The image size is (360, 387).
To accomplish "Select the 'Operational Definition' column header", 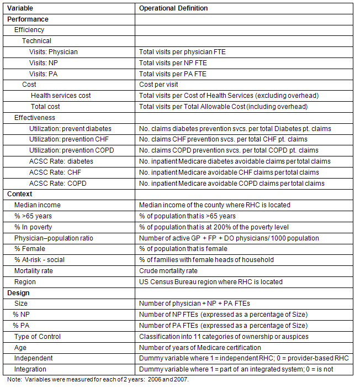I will tap(173, 8).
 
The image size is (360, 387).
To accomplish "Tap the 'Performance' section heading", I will tap(28, 19).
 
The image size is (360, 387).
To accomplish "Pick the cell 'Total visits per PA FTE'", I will tap(173, 74).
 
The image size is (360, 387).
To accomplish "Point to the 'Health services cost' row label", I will tap(61, 96).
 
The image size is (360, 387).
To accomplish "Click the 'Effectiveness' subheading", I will tap(35, 117).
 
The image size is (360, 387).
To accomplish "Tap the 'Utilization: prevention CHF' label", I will tap(68, 139).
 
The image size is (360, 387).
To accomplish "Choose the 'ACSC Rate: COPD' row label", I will tap(57, 183).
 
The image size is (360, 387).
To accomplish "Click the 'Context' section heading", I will tap(20, 194).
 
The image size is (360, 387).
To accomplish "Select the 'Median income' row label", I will tap(38, 205).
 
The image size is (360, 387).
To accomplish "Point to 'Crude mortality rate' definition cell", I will tap(168, 271).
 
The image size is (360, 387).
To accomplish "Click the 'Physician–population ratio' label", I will tap(54, 238).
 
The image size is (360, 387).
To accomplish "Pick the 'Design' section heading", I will tap(19, 292).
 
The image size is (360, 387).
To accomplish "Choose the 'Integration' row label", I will tap(30, 369).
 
